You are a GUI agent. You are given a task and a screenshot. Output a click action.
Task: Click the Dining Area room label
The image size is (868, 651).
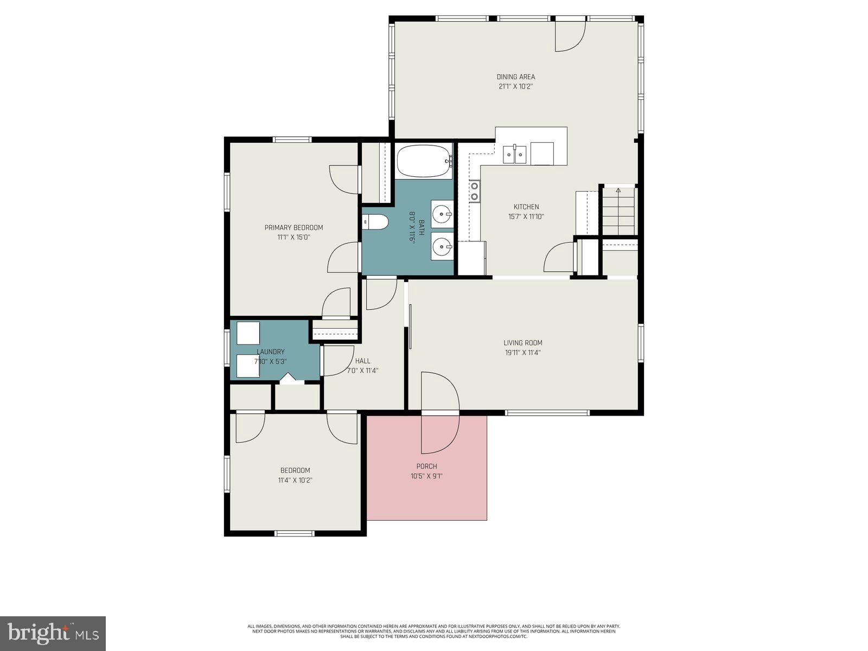[515, 76]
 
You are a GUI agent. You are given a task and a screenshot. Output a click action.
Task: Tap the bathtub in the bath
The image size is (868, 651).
[424, 161]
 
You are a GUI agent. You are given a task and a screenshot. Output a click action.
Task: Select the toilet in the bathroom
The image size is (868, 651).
[376, 221]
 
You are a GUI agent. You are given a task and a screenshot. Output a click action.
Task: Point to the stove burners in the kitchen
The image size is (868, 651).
[475, 191]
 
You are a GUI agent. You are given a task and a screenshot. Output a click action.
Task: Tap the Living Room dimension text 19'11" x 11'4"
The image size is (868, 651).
[522, 353]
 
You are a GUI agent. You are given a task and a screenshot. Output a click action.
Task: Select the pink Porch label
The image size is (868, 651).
[426, 467]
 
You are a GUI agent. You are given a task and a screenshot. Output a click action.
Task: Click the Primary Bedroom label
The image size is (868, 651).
[293, 227]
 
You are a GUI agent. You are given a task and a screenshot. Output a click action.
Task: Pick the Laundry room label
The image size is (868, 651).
[270, 352]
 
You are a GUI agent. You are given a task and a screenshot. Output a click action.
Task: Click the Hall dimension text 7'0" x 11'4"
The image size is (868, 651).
[362, 371]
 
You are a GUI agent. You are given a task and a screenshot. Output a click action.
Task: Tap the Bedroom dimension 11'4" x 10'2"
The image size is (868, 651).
[295, 480]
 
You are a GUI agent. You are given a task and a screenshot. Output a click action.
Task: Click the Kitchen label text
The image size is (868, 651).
[526, 207]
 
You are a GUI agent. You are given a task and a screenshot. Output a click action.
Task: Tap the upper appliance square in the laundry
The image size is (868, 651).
[248, 333]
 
